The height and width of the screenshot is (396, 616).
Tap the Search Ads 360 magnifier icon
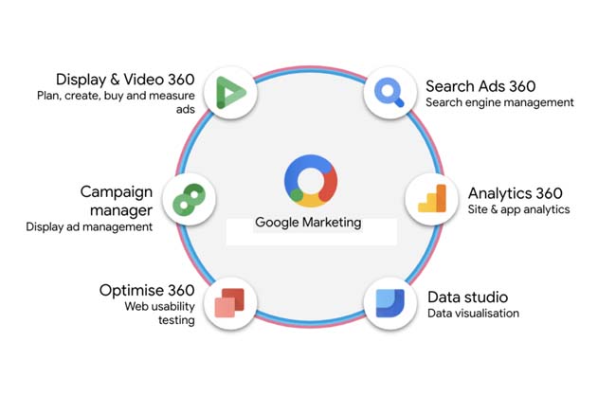(x=390, y=92)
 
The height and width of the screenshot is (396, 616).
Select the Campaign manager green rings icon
(x=189, y=199)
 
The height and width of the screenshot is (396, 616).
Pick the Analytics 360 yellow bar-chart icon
(x=431, y=199)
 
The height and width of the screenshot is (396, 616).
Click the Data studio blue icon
(x=390, y=303)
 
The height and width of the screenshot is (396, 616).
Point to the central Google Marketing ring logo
(x=310, y=180)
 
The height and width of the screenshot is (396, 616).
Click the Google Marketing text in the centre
(x=308, y=223)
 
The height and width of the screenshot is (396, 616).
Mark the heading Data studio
(x=467, y=297)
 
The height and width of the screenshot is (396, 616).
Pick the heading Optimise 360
(x=147, y=290)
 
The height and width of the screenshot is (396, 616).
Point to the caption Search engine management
(x=499, y=102)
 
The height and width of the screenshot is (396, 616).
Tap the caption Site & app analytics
(x=518, y=209)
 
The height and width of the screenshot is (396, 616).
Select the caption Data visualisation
(x=473, y=314)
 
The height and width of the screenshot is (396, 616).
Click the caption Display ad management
(x=88, y=227)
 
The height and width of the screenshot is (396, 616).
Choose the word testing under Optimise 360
(x=176, y=320)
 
